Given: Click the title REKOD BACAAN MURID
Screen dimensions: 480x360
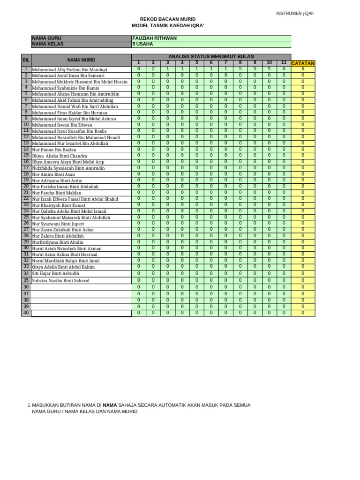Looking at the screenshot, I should click(x=164, y=19).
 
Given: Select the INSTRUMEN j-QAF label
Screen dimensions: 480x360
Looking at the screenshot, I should click(x=295, y=14).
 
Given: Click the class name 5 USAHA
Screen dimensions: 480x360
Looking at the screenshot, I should click(x=142, y=45).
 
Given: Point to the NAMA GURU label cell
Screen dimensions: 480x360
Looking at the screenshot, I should click(x=47, y=38).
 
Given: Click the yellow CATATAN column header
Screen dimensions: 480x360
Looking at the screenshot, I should click(x=303, y=63).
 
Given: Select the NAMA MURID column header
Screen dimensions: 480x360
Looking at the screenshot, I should click(x=81, y=60).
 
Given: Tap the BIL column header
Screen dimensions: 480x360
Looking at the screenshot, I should click(x=26, y=60).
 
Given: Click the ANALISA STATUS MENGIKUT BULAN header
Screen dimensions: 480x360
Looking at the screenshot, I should click(x=211, y=56).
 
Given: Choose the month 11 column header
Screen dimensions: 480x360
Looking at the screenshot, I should click(x=284, y=63).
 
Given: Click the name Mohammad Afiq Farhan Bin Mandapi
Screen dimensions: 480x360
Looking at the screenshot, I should click(x=69, y=69).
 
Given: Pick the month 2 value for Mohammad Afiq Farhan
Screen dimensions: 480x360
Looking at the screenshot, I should click(x=153, y=69).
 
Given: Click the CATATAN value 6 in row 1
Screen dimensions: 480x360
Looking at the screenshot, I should click(x=303, y=69).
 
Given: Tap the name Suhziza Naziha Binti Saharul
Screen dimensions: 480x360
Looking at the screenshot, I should click(x=60, y=281).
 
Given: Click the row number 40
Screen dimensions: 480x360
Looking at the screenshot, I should click(x=26, y=313).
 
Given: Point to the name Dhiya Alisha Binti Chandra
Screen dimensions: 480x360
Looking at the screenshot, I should click(x=60, y=156).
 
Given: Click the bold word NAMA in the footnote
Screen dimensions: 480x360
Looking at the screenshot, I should click(x=110, y=405).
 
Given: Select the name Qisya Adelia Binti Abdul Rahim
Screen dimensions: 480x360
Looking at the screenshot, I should click(x=63, y=267).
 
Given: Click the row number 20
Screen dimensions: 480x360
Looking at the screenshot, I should click(x=26, y=186).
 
